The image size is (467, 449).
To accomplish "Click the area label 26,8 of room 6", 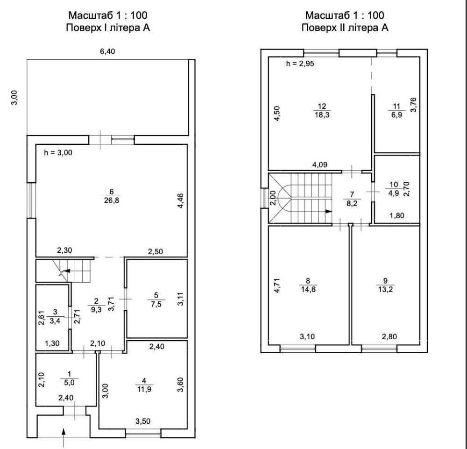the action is [x=112, y=200].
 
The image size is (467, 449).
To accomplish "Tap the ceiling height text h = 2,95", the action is [x=300, y=64].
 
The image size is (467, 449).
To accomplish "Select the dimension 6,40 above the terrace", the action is [x=107, y=51].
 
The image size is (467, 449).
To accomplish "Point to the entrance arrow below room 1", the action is [x=64, y=437].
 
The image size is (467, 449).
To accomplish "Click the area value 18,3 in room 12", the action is [x=322, y=115].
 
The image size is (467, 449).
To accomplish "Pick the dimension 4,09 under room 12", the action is [x=320, y=164].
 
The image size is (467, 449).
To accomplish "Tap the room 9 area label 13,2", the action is [x=385, y=289].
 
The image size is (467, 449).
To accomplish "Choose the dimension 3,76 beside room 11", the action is [x=413, y=105].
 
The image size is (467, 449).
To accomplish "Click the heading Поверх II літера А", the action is [x=345, y=28].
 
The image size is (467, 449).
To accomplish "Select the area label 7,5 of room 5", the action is [x=156, y=304].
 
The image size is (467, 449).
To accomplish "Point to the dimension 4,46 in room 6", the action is [x=180, y=201].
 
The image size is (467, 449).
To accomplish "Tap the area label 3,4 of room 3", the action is [x=55, y=321].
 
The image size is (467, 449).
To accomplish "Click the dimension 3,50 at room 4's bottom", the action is [x=143, y=421].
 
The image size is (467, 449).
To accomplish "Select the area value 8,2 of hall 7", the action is [x=352, y=204].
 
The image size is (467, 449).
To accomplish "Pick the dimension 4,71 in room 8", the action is [x=277, y=285].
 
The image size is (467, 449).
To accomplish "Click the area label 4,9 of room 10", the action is [x=393, y=193].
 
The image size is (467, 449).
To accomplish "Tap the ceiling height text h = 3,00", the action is [x=58, y=153].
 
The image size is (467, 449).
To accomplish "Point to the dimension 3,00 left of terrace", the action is [x=14, y=98].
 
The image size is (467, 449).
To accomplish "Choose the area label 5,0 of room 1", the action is [x=70, y=382].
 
